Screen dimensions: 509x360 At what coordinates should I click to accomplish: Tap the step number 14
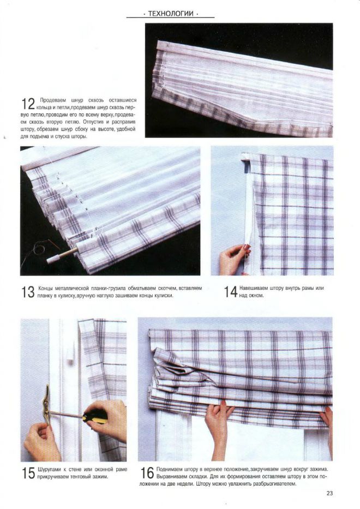click(231, 292)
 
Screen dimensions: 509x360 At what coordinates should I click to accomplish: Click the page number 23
click(329, 494)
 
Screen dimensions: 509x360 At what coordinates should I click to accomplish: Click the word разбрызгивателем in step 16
click(269, 483)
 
